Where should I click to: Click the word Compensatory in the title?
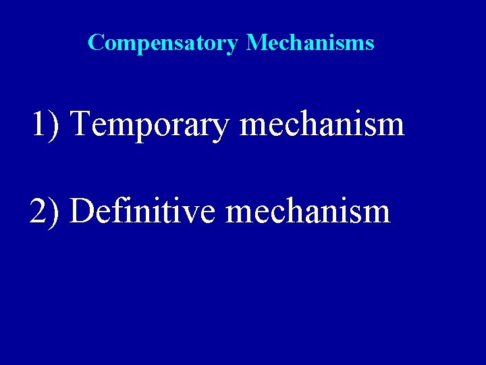click(163, 43)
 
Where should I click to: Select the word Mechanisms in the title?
click(310, 43)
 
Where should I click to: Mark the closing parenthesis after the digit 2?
click(55, 212)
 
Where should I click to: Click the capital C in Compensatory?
click(95, 43)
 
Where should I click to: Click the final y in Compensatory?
click(233, 47)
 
